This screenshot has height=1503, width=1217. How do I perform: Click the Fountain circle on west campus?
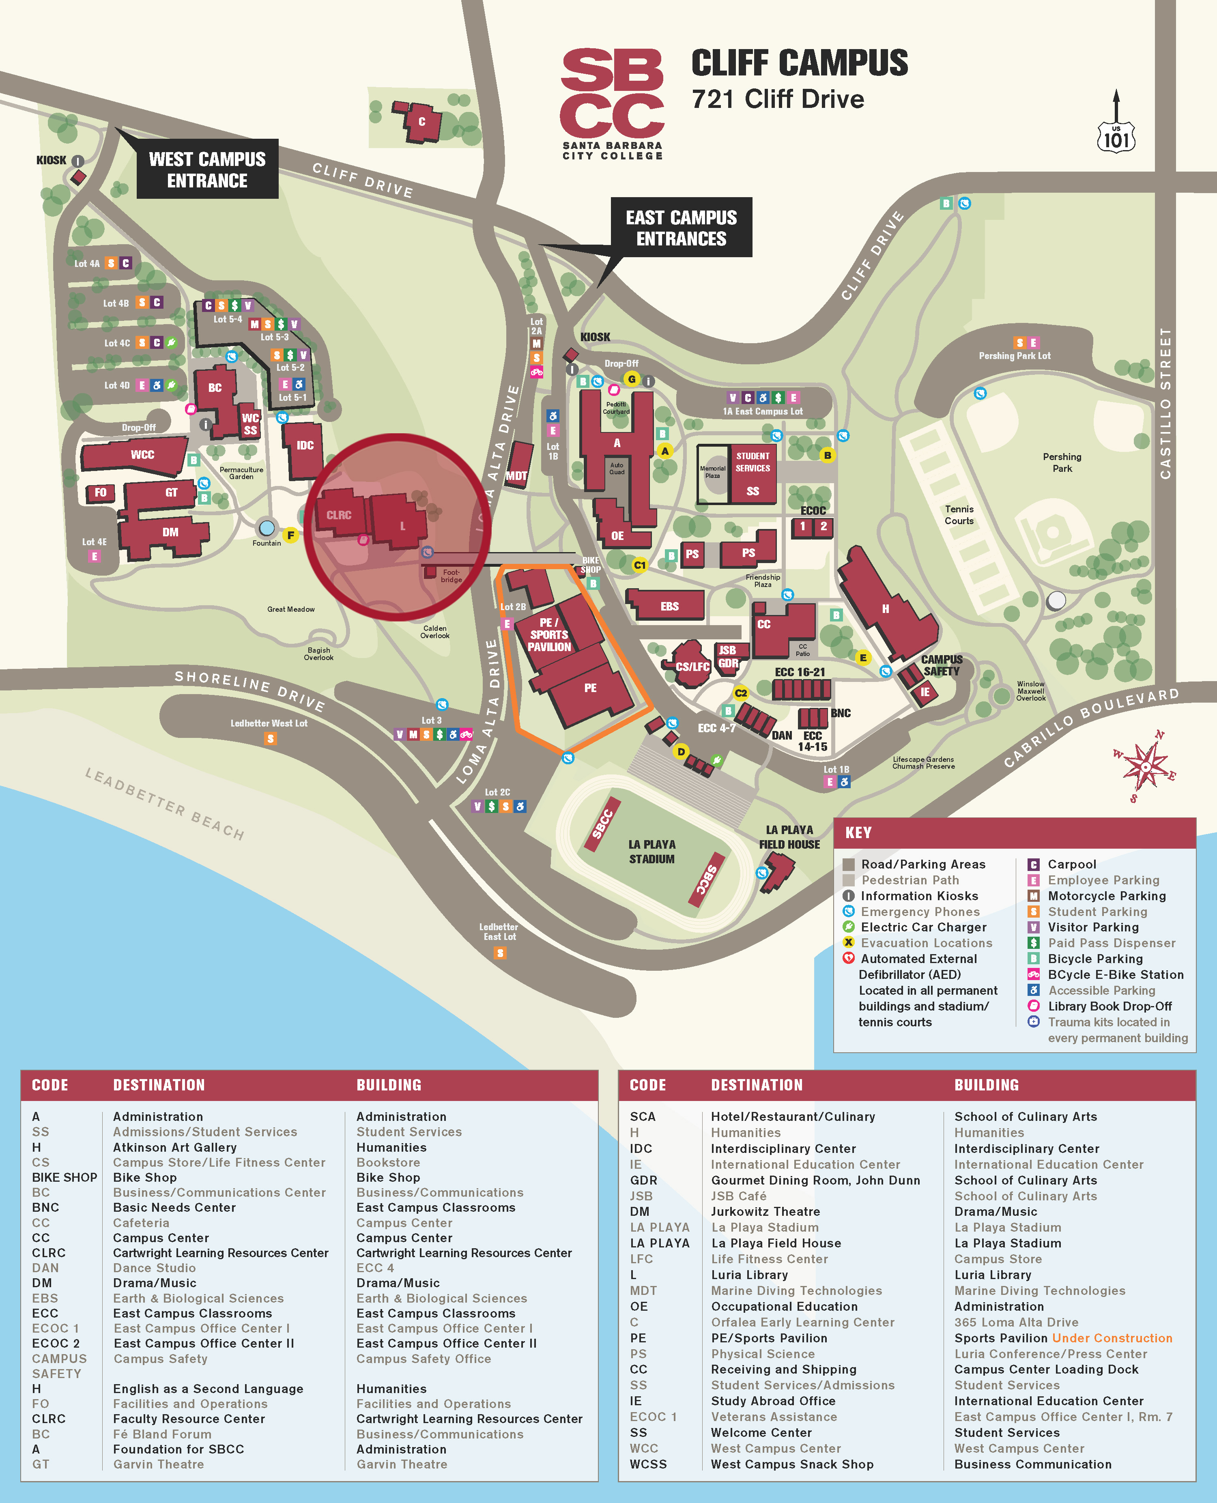[267, 528]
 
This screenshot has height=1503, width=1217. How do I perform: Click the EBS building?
[669, 606]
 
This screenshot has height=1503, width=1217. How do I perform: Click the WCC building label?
[142, 454]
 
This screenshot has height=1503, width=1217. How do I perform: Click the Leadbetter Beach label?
[165, 803]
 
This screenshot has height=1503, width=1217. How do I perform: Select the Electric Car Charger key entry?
[923, 927]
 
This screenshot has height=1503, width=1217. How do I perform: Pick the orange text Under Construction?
[1112, 1337]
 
